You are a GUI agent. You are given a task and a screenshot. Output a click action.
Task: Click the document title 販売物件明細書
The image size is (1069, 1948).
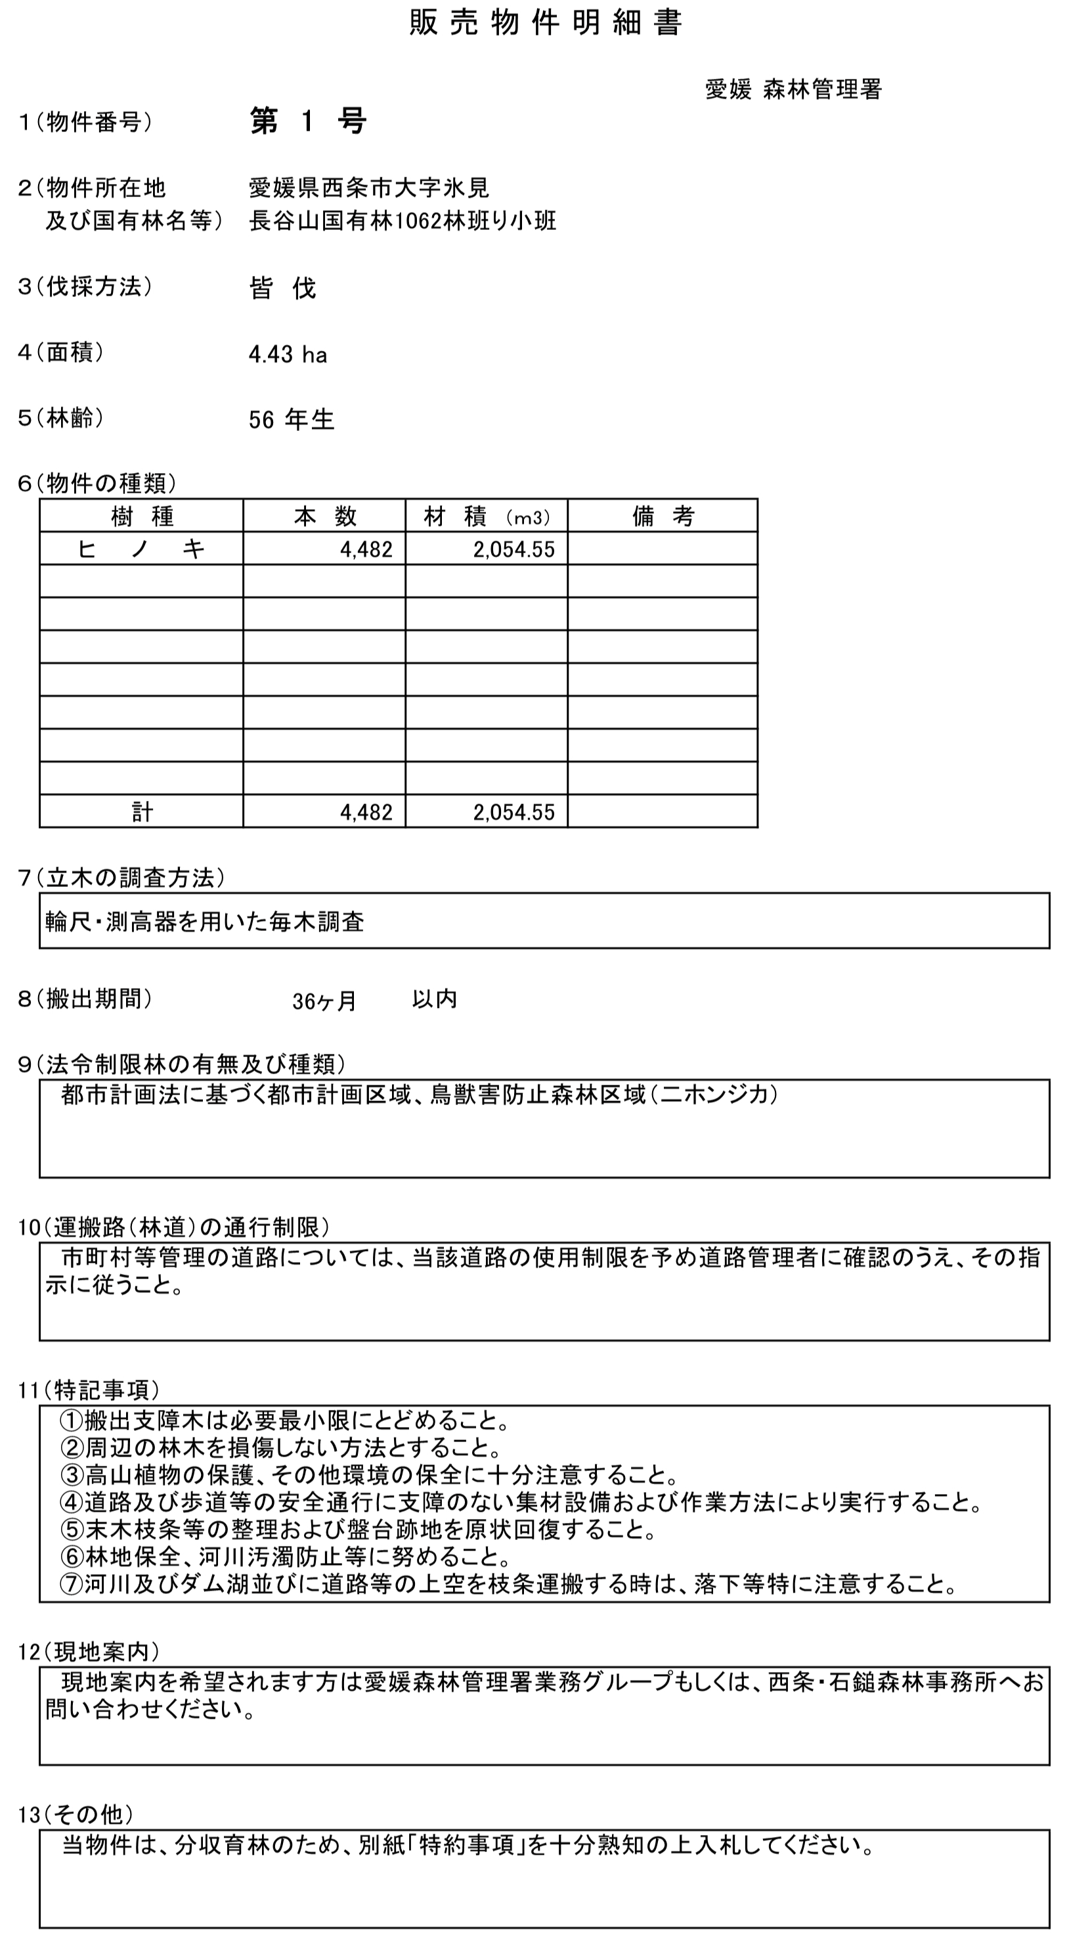click(545, 24)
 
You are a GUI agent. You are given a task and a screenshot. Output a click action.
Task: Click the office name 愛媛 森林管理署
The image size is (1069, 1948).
click(793, 89)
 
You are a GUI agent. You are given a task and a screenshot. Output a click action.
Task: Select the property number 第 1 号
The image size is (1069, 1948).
click(308, 121)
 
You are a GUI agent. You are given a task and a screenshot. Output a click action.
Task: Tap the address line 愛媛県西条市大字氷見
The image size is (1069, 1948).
click(369, 187)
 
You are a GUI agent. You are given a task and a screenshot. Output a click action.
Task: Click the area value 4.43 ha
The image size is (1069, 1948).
click(288, 354)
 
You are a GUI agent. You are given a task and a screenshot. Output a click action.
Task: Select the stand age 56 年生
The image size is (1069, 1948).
click(291, 419)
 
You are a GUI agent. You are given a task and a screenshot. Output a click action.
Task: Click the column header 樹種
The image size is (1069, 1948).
click(141, 516)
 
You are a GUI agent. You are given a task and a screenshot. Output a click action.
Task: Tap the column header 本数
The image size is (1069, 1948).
click(324, 516)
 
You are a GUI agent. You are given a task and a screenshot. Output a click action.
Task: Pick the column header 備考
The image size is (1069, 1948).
click(663, 516)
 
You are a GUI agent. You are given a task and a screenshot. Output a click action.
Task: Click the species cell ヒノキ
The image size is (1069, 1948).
click(141, 549)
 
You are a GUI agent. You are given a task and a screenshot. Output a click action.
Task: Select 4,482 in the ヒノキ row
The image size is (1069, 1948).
click(366, 550)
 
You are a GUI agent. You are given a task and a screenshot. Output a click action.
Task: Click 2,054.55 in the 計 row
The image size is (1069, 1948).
click(513, 812)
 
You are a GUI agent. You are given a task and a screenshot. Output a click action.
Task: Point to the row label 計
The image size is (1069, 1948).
click(142, 812)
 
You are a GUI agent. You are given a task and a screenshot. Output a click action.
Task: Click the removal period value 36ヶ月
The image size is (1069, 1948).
click(324, 1001)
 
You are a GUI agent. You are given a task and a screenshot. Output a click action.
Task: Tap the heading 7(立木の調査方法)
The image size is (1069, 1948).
click(121, 877)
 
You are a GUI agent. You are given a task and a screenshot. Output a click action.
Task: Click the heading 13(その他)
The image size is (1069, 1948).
click(76, 1814)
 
